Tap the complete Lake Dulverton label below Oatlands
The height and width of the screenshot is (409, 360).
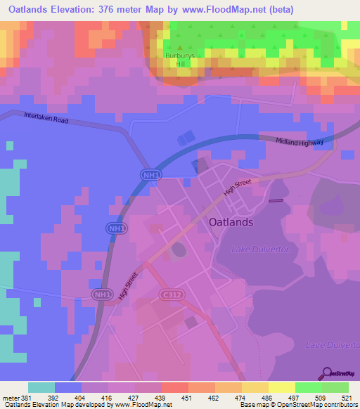tap(261, 249)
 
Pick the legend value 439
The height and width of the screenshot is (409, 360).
tap(160, 396)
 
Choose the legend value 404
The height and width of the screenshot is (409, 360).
tap(80, 396)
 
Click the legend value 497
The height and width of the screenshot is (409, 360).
tap(295, 396)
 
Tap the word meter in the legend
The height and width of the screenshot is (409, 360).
tap(10, 396)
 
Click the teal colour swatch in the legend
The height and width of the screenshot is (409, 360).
tap(41, 387)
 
